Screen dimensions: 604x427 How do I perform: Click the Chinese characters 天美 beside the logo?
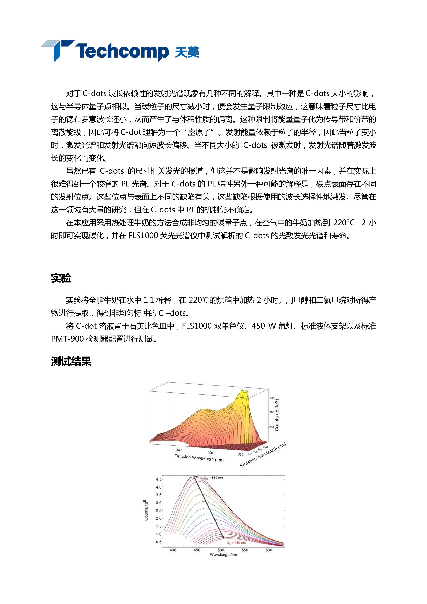tap(187, 52)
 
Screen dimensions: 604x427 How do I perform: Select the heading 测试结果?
tap(71, 361)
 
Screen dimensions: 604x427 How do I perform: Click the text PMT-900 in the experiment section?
tap(67, 339)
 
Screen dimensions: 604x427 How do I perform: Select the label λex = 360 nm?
tap(213, 477)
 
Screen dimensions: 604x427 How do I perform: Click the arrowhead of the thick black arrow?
tap(223, 537)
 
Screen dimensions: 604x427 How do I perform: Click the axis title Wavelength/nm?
tap(223, 555)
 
